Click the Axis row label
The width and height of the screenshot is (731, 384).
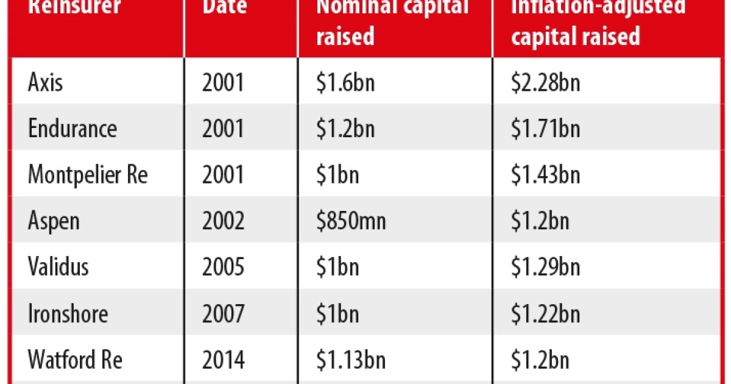click(x=45, y=82)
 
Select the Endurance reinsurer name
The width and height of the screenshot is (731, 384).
click(x=72, y=129)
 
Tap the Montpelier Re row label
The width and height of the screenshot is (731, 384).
click(x=88, y=176)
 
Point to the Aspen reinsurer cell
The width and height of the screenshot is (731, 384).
click(x=54, y=221)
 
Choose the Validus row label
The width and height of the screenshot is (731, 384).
click(x=58, y=267)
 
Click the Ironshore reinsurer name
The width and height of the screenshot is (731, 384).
click(x=68, y=313)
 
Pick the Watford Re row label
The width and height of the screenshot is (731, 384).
click(x=75, y=360)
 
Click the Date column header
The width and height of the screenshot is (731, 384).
click(x=225, y=7)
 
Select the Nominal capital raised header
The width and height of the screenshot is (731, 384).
click(x=391, y=21)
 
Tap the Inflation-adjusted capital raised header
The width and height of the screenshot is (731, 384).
click(x=598, y=21)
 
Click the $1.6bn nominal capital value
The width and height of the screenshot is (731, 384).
click(x=345, y=82)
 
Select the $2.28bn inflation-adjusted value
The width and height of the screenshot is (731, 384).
click(x=545, y=82)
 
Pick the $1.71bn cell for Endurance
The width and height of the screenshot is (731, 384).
click(x=545, y=129)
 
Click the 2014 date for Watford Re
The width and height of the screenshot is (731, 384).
click(x=224, y=360)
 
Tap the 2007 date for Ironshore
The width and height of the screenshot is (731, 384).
click(x=224, y=313)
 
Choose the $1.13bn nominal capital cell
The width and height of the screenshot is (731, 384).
click(x=350, y=360)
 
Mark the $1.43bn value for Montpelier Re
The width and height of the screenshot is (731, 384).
click(x=545, y=176)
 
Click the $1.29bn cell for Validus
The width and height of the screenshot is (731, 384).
click(x=545, y=267)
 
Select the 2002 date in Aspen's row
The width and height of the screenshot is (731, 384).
click(x=224, y=221)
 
